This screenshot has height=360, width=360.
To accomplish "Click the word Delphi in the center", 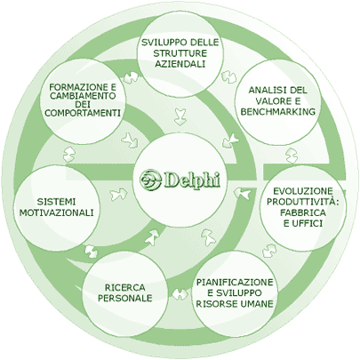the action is [x=191, y=179].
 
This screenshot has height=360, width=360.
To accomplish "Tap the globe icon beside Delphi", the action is [x=150, y=179].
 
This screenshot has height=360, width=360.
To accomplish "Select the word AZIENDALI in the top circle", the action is [x=180, y=64].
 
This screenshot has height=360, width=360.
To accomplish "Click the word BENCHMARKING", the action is [x=277, y=112].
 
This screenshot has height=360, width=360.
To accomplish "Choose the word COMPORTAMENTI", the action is [x=83, y=113].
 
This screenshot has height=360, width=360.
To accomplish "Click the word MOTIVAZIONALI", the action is [x=56, y=212].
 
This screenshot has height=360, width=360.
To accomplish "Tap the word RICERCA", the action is [x=125, y=287].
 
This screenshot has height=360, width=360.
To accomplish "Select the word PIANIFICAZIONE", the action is [x=235, y=283].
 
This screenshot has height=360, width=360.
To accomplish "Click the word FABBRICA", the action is [x=303, y=212].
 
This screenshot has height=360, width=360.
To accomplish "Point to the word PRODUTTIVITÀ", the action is [x=302, y=202].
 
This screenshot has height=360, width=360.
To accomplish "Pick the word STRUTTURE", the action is [x=180, y=53].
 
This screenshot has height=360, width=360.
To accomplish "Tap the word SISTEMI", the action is [x=56, y=202].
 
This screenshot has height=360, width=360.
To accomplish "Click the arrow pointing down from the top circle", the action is [x=180, y=116].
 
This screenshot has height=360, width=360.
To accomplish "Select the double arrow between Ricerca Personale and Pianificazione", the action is [x=180, y=294].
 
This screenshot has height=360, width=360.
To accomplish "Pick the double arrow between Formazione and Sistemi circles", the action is [x=69, y=155].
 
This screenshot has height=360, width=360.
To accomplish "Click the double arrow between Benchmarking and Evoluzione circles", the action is [x=292, y=155].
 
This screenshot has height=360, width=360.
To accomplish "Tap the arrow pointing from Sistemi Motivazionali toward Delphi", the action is [x=118, y=194].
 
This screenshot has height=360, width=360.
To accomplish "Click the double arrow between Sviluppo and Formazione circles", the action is [x=131, y=77].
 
